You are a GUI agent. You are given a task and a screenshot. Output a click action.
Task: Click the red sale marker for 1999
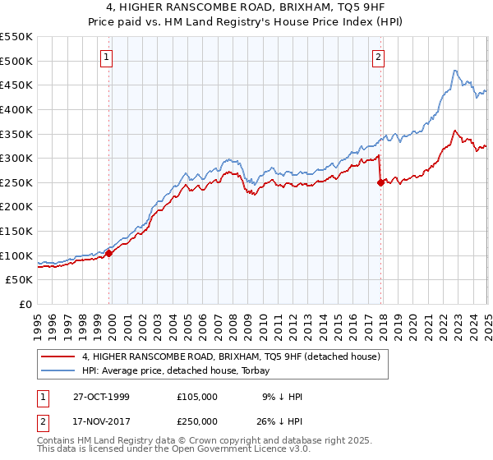point(109,253)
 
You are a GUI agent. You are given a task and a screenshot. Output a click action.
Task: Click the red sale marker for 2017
point(380,183)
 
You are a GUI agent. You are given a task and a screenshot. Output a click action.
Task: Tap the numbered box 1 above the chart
point(108,57)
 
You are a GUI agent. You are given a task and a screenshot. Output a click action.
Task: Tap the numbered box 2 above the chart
point(378,57)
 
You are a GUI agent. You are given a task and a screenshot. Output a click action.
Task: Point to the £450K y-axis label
point(16,85)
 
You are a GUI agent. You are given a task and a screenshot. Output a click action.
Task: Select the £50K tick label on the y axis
point(20,280)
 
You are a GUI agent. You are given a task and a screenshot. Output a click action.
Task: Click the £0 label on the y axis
point(25,305)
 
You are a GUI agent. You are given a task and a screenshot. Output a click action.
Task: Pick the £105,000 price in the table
point(196,397)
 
